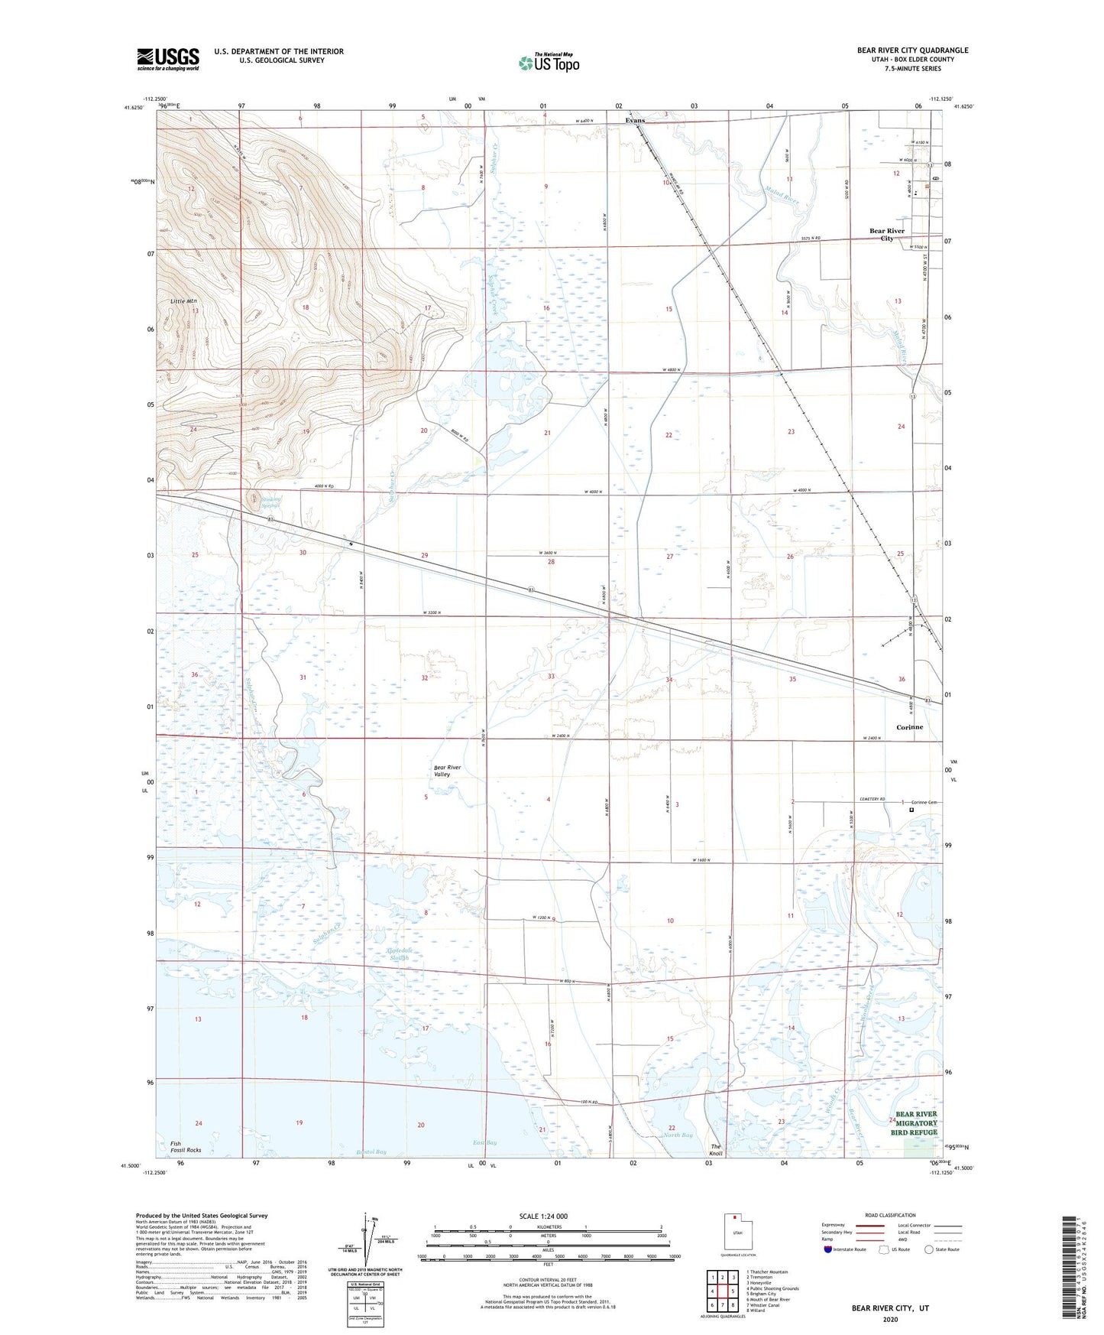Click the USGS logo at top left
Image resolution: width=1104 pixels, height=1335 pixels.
pos(168,59)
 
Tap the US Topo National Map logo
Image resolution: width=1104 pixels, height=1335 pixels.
pos(548,63)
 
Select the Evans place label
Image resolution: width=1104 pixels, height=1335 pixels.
pos(635,121)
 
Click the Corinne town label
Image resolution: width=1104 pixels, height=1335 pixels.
pos(909,727)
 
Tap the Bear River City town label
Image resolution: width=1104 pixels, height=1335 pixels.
pos(886,234)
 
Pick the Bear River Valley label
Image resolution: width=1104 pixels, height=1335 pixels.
pos(447,771)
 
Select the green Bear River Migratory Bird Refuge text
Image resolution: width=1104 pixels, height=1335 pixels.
pos(915,1123)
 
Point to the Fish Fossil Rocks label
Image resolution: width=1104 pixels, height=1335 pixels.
pos(186,1147)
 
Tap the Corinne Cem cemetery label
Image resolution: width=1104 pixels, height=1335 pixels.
pos(922,802)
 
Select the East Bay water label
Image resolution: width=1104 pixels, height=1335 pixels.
pos(484,1142)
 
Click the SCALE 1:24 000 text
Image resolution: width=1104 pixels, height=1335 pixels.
pos(548,1216)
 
